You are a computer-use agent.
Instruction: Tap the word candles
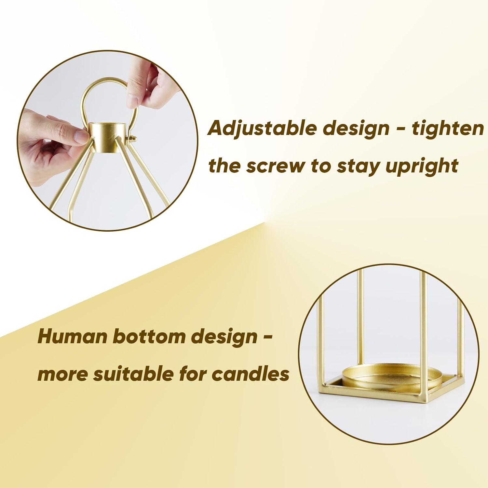[251, 374]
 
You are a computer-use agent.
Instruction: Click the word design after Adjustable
[356, 129]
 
